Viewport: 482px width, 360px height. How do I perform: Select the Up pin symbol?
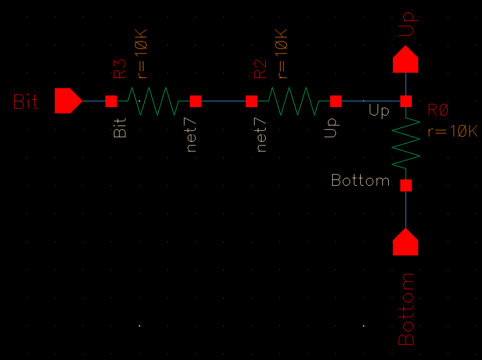coord(405,60)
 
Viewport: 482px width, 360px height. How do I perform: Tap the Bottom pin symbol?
coord(406,242)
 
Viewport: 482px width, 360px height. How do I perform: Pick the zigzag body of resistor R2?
coord(294,101)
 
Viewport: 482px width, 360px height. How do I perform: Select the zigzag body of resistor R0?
coord(406,143)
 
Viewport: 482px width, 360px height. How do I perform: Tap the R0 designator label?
coord(438,111)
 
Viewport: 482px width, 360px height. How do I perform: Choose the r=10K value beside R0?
coord(453,132)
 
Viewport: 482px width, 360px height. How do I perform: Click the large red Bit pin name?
coord(26,102)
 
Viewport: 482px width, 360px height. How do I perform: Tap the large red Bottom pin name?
coord(406,309)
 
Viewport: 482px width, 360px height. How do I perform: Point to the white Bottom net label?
coord(360,181)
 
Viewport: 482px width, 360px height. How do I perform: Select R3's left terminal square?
coord(112,101)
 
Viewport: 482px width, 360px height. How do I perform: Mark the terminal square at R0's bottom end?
coord(406,185)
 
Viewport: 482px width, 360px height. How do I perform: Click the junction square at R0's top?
coord(406,101)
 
